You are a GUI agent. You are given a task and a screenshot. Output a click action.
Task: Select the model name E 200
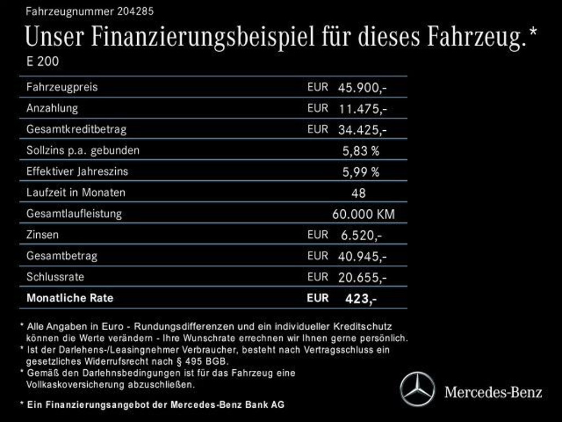point(42,62)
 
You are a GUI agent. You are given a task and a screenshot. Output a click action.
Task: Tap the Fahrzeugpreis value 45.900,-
point(363,87)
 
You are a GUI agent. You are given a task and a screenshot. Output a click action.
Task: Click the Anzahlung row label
point(52,108)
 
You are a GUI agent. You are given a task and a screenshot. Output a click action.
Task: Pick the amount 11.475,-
point(363,109)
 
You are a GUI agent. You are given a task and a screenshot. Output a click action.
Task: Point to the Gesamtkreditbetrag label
point(76,130)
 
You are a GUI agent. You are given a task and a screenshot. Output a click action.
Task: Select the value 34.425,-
point(363,130)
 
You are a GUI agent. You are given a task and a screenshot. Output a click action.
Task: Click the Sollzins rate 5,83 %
point(361,151)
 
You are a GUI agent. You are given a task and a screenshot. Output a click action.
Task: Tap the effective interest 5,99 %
point(361,172)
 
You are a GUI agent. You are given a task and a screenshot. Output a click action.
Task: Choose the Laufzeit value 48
point(358,193)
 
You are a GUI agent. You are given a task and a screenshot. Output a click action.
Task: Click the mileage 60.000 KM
point(363,214)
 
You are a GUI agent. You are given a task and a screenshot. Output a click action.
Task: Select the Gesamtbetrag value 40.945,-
point(363,256)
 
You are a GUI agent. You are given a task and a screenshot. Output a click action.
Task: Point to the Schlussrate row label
point(55,277)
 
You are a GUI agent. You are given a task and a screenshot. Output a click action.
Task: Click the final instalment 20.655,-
point(363,277)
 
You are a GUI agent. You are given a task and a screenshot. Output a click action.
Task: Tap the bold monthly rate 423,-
point(361,299)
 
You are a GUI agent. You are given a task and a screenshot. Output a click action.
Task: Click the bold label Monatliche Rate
point(70,298)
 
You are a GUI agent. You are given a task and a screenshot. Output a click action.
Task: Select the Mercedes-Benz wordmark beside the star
point(493,392)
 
